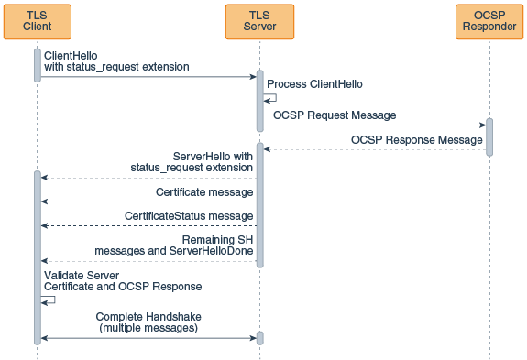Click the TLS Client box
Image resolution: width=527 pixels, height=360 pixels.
38,21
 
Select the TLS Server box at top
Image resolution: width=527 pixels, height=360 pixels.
259,21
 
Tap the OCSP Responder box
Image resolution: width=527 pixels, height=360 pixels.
489,21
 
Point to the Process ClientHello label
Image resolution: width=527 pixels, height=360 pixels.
314,83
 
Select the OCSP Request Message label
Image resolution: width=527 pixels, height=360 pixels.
335,115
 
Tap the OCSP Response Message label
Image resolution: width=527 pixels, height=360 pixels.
416,140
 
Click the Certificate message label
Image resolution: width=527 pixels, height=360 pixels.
204,192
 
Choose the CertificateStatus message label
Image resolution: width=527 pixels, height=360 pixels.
189,216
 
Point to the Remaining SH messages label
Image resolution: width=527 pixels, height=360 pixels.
175,245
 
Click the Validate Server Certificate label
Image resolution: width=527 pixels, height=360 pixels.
123,281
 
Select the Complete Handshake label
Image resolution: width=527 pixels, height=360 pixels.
148,322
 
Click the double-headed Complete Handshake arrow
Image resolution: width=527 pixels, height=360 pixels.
148,338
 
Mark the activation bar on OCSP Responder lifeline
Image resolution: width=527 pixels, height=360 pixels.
489,137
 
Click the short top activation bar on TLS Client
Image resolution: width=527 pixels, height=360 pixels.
38,65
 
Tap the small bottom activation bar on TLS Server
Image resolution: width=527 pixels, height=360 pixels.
259,338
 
